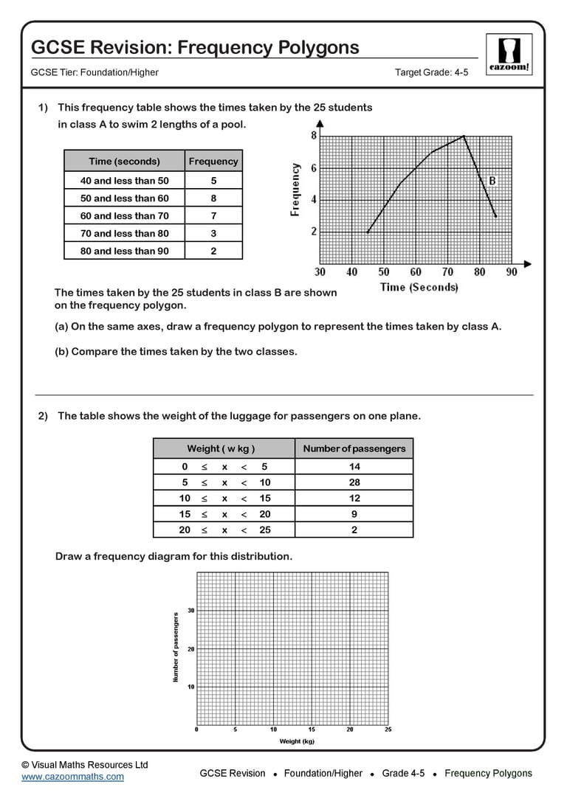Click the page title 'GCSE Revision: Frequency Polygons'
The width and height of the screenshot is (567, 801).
195,48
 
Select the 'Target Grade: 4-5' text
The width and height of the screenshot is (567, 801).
431,72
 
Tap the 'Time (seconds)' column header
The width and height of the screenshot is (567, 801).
124,162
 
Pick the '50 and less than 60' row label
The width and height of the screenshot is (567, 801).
124,198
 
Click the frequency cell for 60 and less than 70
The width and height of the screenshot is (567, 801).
213,216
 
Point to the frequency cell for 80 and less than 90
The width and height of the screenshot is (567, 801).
213,252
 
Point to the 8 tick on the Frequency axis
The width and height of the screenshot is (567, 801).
314,136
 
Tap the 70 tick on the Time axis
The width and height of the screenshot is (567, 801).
447,272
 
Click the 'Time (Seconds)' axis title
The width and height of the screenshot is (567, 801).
419,287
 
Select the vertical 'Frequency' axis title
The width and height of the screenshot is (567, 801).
295,189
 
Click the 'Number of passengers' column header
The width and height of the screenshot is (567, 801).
354,448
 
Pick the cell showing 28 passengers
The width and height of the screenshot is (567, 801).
354,482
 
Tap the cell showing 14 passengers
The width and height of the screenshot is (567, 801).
354,467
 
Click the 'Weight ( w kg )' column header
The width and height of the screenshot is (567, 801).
221,448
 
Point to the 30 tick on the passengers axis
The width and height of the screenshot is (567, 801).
190,611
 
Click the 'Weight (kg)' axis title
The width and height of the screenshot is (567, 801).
296,741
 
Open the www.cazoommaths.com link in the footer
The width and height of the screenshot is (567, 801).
72,777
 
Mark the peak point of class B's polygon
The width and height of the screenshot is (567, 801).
464,136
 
